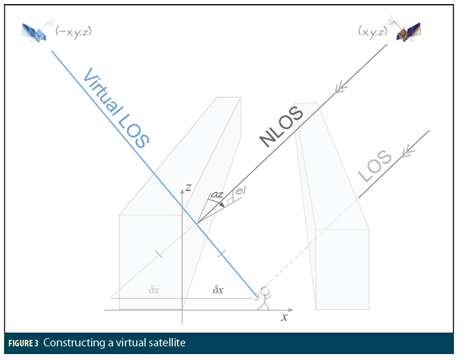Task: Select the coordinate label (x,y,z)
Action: (x=373, y=31)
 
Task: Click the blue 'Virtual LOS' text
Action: (x=116, y=108)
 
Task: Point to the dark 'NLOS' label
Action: (x=282, y=127)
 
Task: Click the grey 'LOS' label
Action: (x=375, y=166)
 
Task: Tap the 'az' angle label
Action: (x=217, y=194)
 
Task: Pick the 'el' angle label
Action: (x=240, y=190)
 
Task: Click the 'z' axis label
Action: (x=188, y=187)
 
